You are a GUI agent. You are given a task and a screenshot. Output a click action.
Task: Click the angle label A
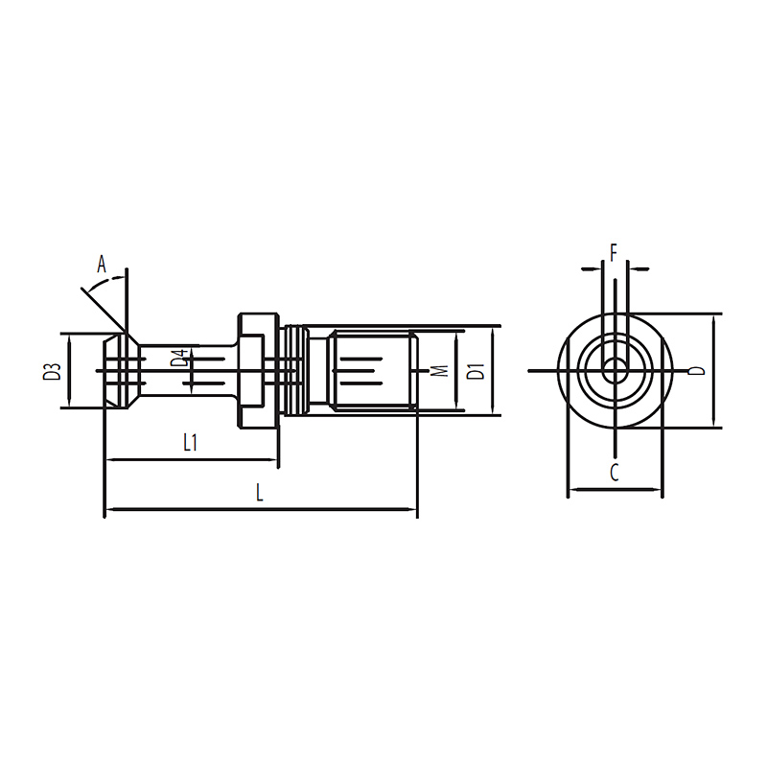click(x=102, y=265)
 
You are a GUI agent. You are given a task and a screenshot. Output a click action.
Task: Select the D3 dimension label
click(x=52, y=372)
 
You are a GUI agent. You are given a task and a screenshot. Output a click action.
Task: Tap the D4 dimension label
click(x=179, y=358)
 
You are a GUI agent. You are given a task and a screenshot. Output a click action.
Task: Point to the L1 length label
click(x=190, y=443)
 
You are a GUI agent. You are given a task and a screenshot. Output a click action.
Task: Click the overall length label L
click(x=260, y=492)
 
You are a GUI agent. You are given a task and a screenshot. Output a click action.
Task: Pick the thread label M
click(x=441, y=371)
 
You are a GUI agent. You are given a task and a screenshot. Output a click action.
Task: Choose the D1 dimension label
click(x=476, y=371)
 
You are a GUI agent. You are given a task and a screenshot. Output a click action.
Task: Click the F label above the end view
click(x=614, y=253)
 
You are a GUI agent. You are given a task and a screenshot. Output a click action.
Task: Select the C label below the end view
click(x=615, y=472)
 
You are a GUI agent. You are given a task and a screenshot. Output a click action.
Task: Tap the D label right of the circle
click(x=697, y=371)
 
